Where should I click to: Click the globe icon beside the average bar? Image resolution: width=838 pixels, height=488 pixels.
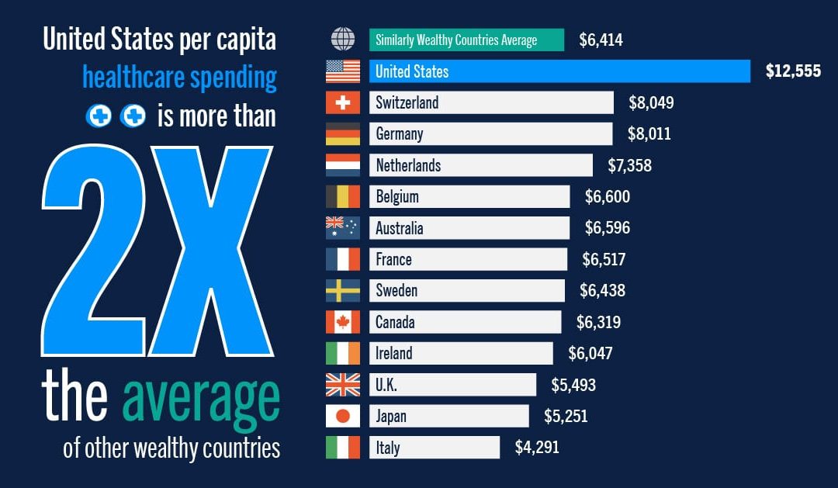click(x=343, y=39)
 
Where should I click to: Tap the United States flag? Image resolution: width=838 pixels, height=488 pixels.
click(x=343, y=71)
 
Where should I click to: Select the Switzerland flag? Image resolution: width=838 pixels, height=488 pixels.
click(x=343, y=102)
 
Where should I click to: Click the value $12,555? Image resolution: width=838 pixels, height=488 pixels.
click(x=793, y=71)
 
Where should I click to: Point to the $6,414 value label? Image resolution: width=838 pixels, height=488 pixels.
click(x=601, y=40)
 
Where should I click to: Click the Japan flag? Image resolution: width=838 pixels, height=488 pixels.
click(x=343, y=416)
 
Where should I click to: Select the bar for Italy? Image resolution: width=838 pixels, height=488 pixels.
click(x=434, y=448)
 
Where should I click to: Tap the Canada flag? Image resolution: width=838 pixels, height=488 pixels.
click(x=343, y=322)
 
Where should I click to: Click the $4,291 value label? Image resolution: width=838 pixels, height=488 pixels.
click(x=537, y=448)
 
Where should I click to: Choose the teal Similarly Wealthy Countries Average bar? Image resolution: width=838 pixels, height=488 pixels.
click(x=466, y=40)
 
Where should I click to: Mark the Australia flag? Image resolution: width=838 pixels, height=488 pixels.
click(x=343, y=228)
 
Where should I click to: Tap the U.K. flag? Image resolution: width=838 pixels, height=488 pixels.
click(x=343, y=385)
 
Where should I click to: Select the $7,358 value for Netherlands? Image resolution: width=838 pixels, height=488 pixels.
click(x=629, y=165)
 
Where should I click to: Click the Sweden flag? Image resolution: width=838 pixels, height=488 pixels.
click(x=343, y=291)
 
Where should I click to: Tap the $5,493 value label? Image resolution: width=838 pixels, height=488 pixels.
click(x=573, y=385)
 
